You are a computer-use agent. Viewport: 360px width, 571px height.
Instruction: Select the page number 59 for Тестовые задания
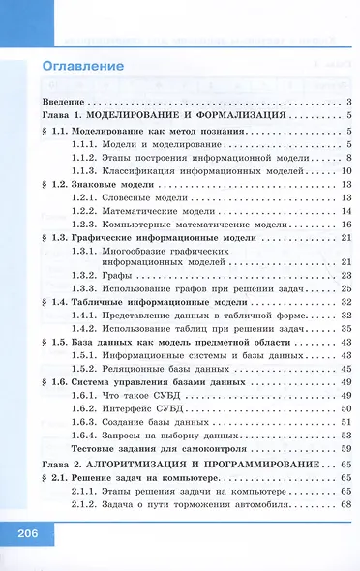click(x=345, y=450)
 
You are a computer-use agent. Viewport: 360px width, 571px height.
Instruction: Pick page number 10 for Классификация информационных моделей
click(x=345, y=169)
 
